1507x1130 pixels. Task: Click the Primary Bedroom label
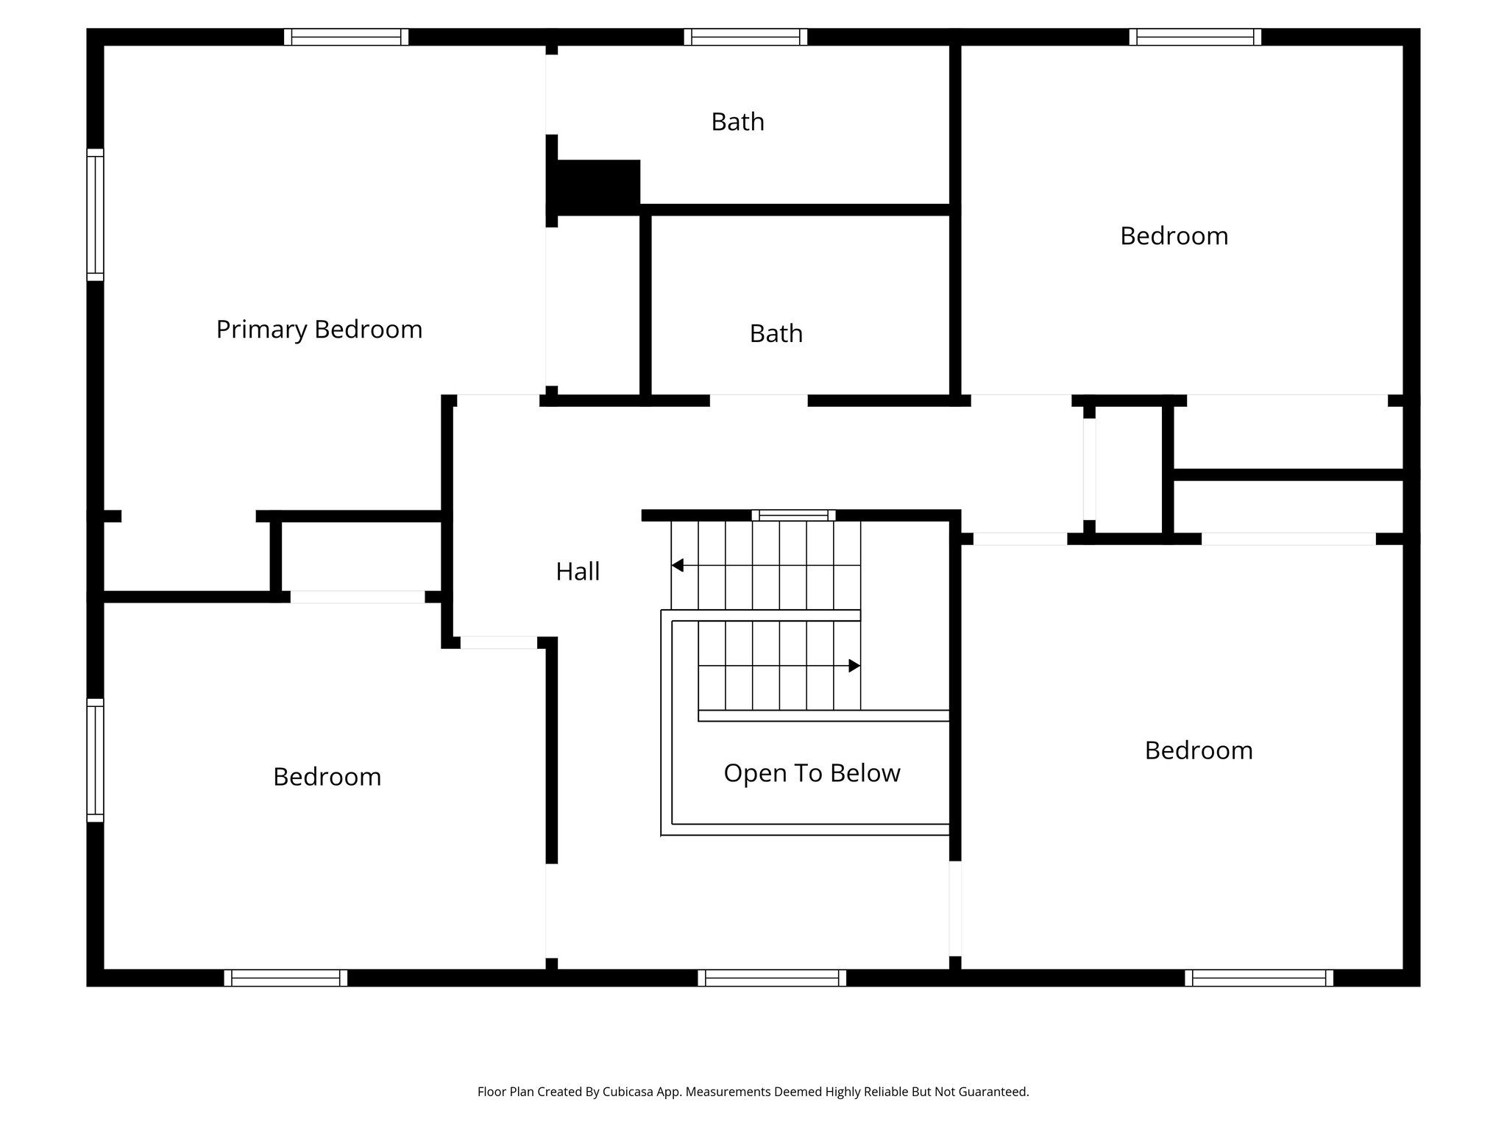tap(319, 330)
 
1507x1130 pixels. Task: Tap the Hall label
tap(578, 572)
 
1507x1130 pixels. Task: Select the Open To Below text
tap(812, 773)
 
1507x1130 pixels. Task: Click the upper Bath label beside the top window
tap(737, 122)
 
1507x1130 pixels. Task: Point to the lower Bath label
tap(776, 334)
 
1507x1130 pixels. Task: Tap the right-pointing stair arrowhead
tap(854, 666)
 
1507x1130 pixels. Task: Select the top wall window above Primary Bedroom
tap(346, 37)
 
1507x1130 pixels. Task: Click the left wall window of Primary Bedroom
tap(95, 214)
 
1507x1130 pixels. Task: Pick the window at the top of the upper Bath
tap(745, 37)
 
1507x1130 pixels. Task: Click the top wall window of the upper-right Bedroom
tap(1195, 37)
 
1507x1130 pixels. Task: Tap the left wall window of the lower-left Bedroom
tap(95, 760)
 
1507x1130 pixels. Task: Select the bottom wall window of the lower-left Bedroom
tap(286, 978)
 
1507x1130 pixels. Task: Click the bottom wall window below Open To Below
tap(772, 978)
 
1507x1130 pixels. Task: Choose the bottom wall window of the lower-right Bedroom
tap(1259, 978)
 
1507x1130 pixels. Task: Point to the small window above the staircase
tap(793, 515)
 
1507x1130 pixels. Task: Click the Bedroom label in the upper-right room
tap(1174, 236)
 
